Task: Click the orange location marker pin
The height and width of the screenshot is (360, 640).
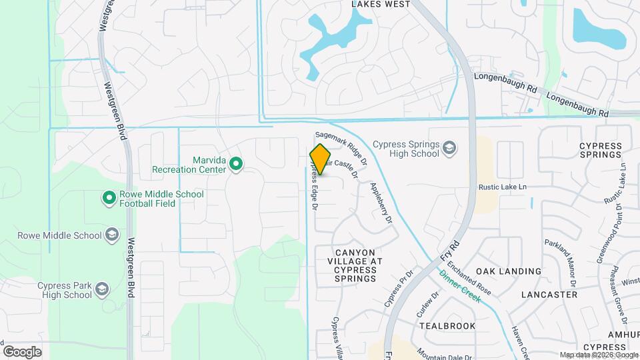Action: [x=321, y=159]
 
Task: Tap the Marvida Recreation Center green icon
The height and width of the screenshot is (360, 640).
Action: [x=235, y=163]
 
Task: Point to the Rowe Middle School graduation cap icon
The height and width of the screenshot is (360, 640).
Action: [x=112, y=235]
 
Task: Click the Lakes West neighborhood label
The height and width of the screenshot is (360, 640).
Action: [x=381, y=4]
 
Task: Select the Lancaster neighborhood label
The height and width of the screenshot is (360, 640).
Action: [x=549, y=294]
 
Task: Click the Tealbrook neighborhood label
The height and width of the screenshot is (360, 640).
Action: [x=447, y=326]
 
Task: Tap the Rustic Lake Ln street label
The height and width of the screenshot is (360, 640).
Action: [x=502, y=187]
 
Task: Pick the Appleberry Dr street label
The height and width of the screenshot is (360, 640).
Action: [x=381, y=202]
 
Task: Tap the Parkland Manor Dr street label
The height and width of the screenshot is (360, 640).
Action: [x=558, y=261]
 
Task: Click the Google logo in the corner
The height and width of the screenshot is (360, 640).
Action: [x=22, y=351]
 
